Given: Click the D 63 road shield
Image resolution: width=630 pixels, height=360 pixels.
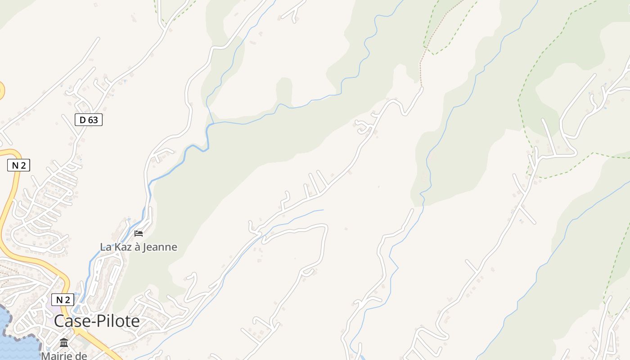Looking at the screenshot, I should (89, 120).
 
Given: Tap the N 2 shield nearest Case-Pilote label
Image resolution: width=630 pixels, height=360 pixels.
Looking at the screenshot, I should (63, 300).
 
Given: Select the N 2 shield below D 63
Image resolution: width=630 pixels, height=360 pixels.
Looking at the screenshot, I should (18, 165).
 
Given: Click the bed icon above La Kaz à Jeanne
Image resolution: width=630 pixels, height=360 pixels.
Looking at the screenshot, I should (139, 233).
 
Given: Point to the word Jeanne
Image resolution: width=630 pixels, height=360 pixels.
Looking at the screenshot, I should (160, 247).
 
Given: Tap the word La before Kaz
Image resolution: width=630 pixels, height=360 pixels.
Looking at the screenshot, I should (105, 247).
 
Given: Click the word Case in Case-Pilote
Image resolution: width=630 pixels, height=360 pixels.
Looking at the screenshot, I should (73, 321).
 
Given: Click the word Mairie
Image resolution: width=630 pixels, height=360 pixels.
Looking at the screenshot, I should (57, 355).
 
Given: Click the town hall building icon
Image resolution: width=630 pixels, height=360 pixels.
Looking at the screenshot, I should (64, 343).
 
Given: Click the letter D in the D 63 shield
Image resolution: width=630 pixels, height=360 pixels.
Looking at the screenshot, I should (82, 120).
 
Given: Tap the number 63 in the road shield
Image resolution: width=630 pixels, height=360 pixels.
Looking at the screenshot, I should (94, 120).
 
